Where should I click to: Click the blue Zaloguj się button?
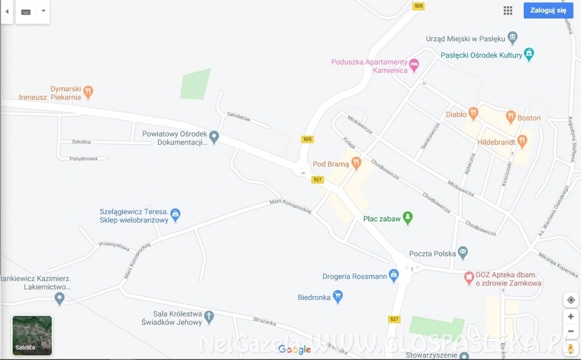(548, 10)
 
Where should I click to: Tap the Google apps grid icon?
(508, 10)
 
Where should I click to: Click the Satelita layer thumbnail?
(32, 335)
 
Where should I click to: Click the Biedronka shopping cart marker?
(338, 296)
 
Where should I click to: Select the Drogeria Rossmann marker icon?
(393, 276)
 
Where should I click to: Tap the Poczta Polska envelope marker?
(463, 252)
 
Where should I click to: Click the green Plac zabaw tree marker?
(407, 217)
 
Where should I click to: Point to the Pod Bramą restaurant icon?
(356, 163)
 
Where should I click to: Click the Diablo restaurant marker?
(473, 113)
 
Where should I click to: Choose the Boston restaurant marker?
(511, 117)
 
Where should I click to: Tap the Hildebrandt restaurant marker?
(522, 141)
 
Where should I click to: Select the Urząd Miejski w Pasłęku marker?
(512, 38)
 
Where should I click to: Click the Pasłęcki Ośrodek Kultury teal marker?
(530, 54)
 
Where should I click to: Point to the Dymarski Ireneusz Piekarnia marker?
(88, 91)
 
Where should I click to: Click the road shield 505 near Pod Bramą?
(308, 139)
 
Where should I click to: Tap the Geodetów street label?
(239, 118)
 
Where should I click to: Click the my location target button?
(571, 300)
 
